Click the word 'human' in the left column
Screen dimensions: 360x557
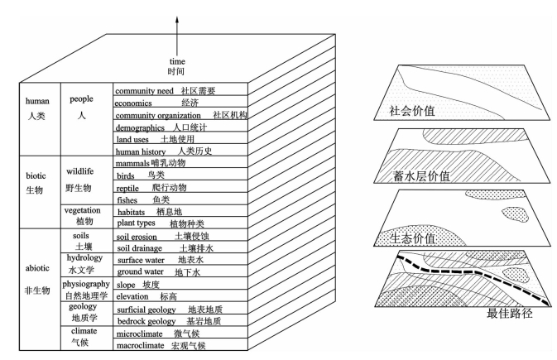[40, 101]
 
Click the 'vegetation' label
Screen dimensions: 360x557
[82, 210]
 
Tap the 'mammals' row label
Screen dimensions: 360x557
[133, 164]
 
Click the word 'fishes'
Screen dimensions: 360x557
[127, 199]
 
